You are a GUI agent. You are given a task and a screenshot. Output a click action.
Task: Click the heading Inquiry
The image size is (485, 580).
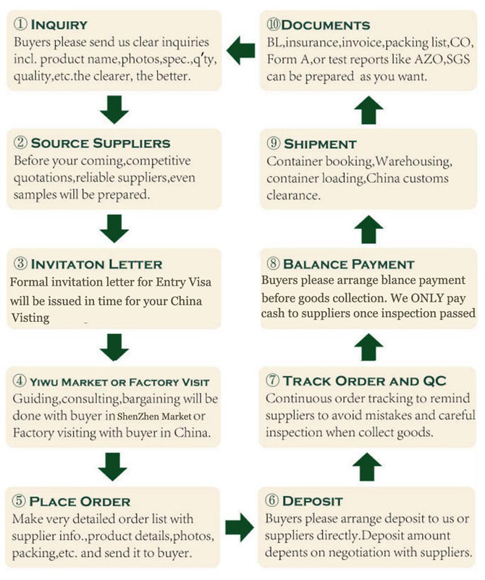click(x=59, y=25)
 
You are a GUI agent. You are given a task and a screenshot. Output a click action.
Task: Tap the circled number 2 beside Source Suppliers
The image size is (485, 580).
click(x=20, y=142)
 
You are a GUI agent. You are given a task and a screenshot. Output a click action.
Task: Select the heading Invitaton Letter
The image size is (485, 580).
click(x=96, y=264)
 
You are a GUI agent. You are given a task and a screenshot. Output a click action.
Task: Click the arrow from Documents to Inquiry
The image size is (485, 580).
click(x=240, y=50)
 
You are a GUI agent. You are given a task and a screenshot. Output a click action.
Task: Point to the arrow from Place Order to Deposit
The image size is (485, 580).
click(x=240, y=527)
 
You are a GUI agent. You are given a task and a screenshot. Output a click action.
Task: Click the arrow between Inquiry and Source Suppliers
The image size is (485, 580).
click(x=114, y=110)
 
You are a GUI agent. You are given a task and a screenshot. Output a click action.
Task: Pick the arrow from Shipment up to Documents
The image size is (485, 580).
click(x=368, y=110)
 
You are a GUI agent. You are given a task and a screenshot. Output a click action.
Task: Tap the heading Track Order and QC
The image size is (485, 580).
click(x=365, y=381)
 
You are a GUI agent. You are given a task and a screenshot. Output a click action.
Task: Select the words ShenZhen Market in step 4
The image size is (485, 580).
click(x=154, y=416)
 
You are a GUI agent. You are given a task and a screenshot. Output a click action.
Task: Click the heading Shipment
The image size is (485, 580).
click(x=320, y=144)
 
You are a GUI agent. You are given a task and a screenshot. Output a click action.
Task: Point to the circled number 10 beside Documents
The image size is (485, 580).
click(x=273, y=25)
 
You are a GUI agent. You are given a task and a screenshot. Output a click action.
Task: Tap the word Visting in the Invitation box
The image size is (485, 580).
click(x=30, y=318)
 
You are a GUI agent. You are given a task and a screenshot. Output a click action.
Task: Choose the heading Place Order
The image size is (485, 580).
click(x=80, y=502)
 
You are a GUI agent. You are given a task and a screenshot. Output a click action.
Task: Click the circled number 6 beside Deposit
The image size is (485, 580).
click(x=271, y=500)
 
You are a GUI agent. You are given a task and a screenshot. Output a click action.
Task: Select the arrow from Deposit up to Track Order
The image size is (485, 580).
click(x=367, y=467)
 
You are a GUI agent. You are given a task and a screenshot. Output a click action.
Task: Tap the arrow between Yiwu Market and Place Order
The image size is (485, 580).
click(x=113, y=467)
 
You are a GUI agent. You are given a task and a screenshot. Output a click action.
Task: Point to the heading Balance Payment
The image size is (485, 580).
click(x=348, y=264)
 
